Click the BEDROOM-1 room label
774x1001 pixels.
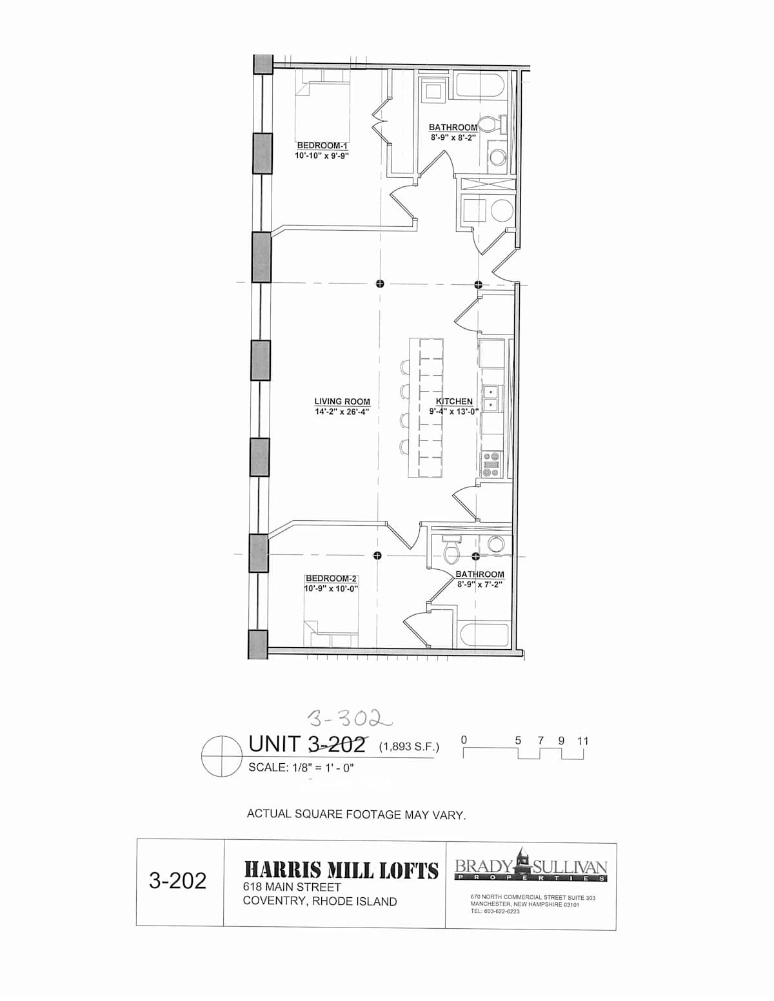tap(322, 146)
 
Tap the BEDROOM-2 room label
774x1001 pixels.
tap(331, 579)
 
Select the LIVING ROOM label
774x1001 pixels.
tap(342, 402)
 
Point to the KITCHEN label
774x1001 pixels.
tap(454, 402)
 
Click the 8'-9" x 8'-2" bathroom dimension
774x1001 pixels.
tap(453, 137)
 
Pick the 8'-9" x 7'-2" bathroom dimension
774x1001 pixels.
tap(479, 585)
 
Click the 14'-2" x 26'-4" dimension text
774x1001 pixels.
tap(342, 412)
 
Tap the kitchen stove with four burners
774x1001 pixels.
tap(490, 464)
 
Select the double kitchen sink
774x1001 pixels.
tap(490, 399)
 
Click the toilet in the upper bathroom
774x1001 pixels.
tap(490, 124)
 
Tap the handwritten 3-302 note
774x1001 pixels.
tap(350, 717)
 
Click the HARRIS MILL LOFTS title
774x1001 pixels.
tap(341, 870)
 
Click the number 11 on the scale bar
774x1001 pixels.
tap(582, 741)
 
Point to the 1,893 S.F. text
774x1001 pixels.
tap(409, 746)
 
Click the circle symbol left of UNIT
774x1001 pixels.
tap(222, 757)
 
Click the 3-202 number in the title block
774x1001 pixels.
tap(177, 880)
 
